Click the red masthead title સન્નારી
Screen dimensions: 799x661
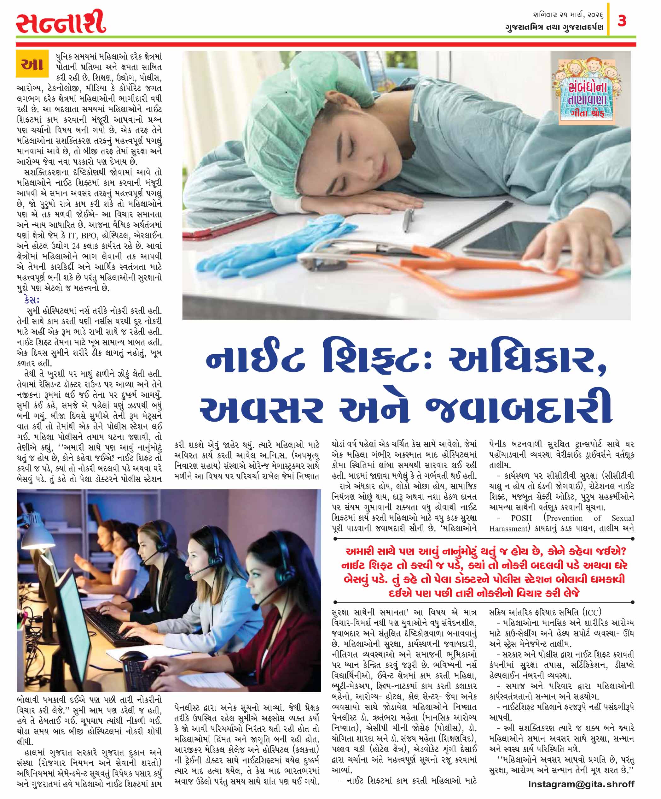coord(61,22)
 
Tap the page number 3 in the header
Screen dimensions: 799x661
coord(622,21)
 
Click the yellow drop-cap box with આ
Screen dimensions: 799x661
coord(32,63)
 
